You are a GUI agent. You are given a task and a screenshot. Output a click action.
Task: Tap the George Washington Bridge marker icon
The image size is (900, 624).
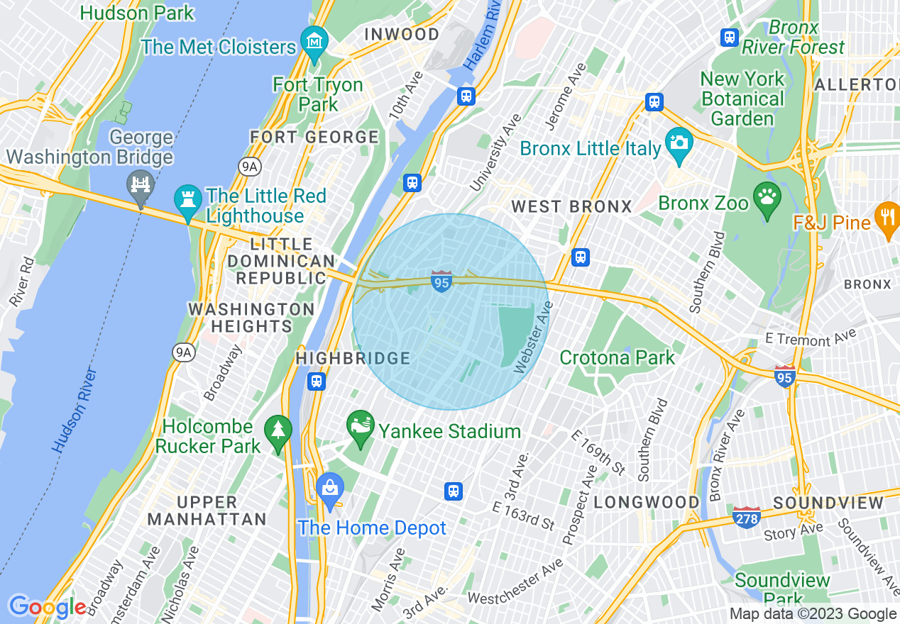coord(141,186)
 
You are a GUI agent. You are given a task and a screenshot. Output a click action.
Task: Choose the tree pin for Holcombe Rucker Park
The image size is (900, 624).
coord(278,432)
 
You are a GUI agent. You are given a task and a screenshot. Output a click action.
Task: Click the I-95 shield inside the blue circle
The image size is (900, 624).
coord(441,282)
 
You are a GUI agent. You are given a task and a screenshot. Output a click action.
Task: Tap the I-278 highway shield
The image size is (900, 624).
coord(746,516)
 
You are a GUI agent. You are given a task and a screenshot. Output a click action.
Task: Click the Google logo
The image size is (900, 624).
coord(47,607)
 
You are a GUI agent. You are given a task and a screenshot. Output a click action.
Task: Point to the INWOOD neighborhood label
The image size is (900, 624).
coord(402,34)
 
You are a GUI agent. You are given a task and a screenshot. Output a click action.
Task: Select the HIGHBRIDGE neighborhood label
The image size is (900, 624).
coord(353,358)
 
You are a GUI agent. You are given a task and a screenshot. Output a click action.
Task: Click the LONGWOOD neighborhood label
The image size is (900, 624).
coord(646,502)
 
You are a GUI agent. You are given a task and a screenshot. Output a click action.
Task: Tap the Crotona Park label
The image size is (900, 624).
coord(617,357)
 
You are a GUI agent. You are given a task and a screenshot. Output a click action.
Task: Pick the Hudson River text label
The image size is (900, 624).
coord(74,410)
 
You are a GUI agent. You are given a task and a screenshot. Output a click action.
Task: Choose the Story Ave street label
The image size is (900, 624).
coord(793,530)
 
